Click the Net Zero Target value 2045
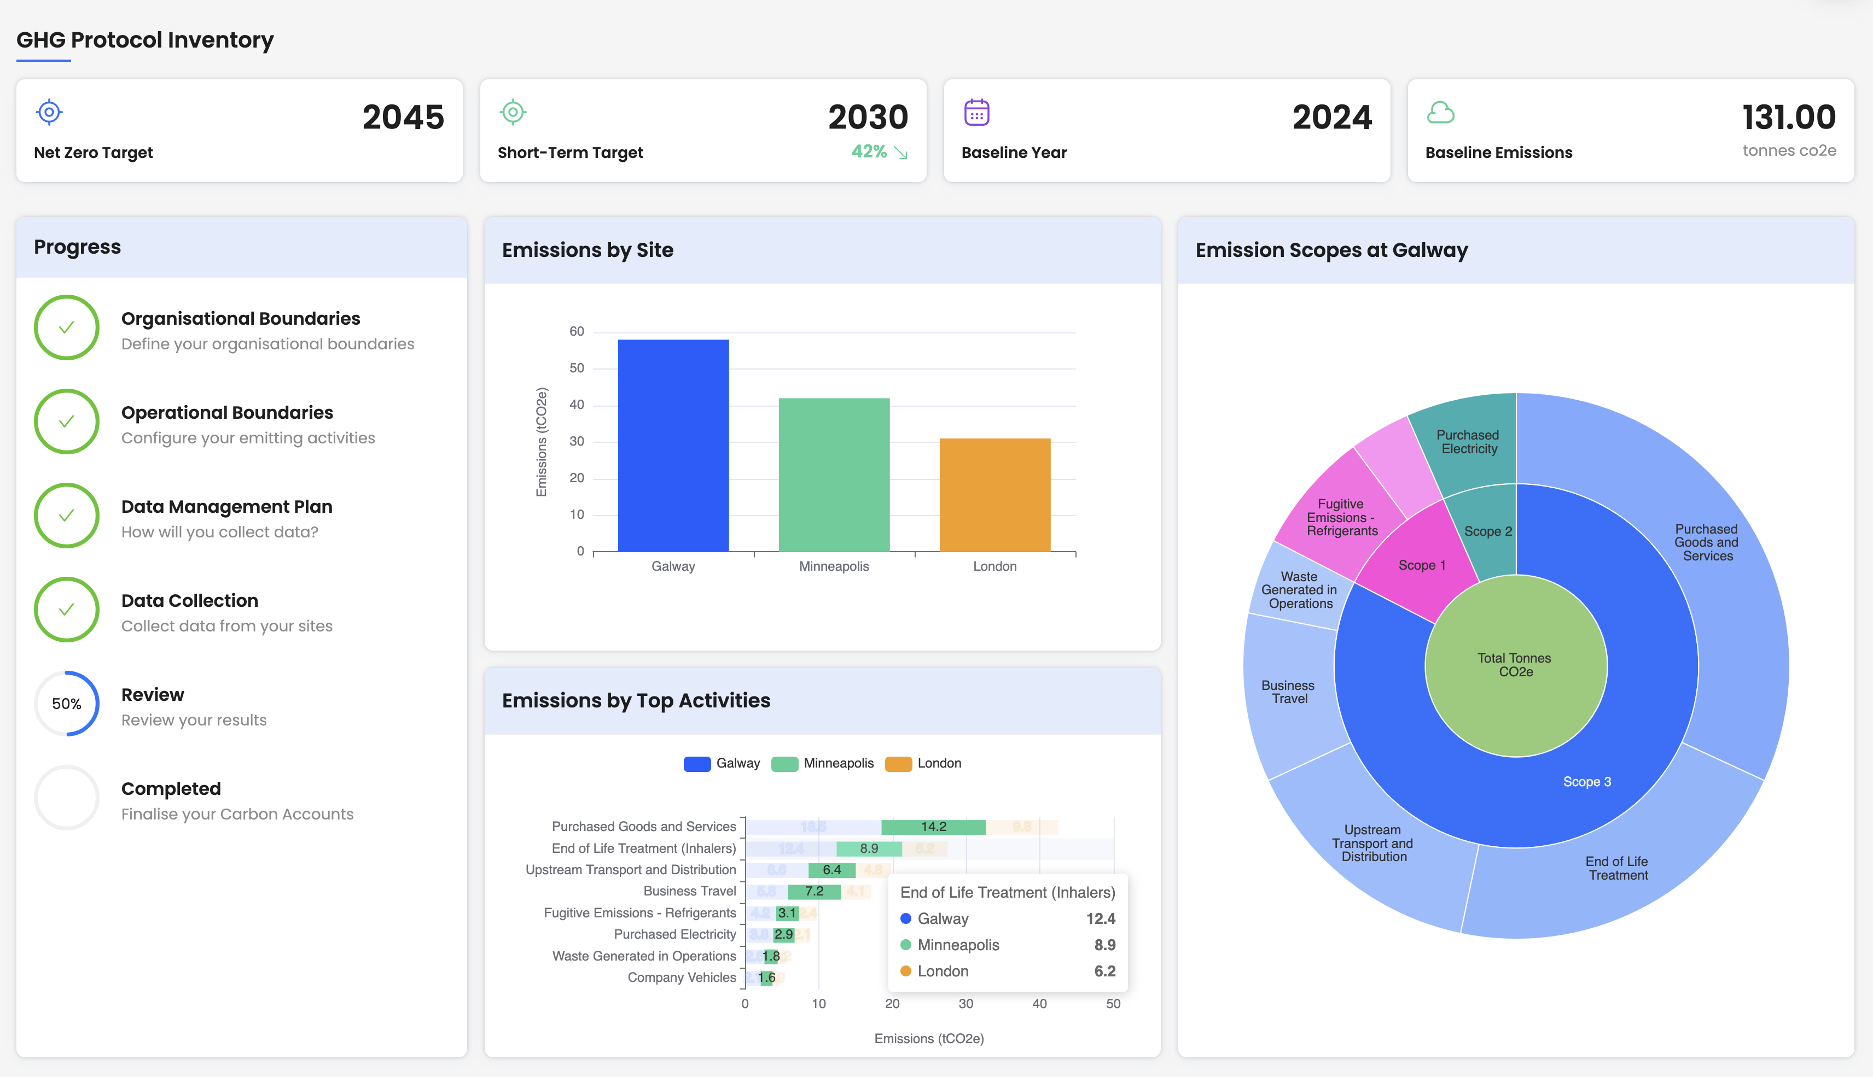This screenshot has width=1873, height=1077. (403, 117)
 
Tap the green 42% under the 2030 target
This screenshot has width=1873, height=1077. (868, 151)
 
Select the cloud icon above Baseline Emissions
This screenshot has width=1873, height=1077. (1440, 113)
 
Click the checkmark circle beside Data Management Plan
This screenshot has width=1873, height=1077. (67, 516)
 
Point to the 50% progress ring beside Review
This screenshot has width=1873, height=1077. (67, 704)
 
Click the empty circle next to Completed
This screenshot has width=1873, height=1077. (67, 798)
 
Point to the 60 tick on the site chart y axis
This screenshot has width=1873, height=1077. (577, 331)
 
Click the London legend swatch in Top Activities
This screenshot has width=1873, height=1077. (898, 763)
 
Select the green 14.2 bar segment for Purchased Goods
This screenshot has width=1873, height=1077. (933, 827)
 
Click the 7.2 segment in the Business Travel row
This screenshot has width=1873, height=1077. (814, 891)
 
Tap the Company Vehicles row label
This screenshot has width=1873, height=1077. (681, 977)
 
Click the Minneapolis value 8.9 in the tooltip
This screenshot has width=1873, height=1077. (1104, 945)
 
